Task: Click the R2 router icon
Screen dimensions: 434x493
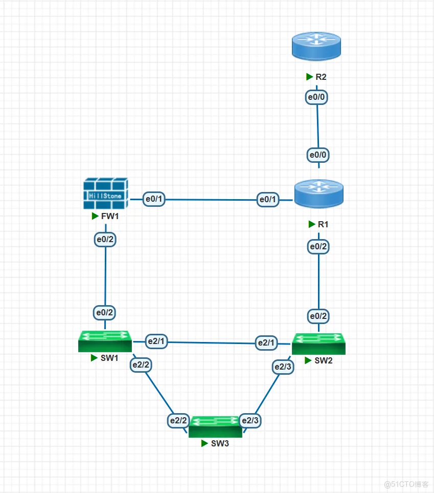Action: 316,46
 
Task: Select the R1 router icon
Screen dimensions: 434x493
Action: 319,194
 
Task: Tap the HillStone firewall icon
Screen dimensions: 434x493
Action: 105,194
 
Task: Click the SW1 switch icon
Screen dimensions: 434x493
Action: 105,341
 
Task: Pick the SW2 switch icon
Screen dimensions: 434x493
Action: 319,344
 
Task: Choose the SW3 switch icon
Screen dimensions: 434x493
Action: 215,426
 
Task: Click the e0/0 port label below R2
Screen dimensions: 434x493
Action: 316,97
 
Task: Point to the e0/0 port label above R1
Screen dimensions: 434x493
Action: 318,155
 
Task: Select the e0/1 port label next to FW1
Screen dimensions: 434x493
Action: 154,199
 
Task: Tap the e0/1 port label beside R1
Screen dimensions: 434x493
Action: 267,199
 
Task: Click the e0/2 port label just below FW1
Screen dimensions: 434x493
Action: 105,239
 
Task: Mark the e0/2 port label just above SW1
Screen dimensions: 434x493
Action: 105,312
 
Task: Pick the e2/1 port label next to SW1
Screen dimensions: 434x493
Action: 156,341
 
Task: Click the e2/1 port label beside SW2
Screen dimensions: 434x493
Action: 266,342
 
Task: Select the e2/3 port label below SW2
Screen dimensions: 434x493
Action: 283,367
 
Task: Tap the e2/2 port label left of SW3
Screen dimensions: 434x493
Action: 178,420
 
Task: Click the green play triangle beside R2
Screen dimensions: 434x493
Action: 309,76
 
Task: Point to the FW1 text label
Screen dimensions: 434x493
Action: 110,216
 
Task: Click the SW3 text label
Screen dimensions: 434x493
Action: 220,443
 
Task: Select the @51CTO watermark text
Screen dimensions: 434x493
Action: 406,484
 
